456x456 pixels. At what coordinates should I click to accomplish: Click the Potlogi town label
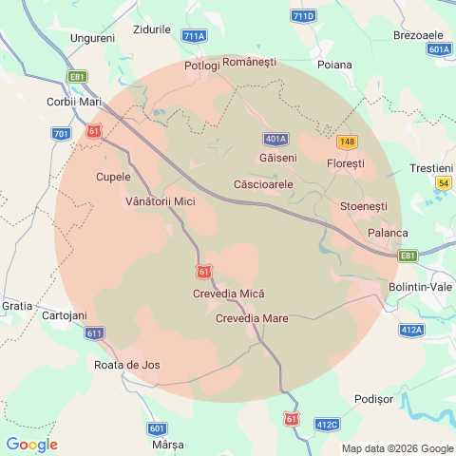click(x=201, y=66)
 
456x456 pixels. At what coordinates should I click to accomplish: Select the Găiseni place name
click(x=277, y=157)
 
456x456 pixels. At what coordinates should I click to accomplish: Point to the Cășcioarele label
click(x=263, y=182)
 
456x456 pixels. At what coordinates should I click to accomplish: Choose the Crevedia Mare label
click(x=252, y=318)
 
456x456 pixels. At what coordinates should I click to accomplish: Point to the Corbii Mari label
click(x=74, y=102)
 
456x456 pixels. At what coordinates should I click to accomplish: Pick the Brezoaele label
click(x=418, y=35)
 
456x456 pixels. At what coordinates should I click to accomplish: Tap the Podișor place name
click(x=372, y=399)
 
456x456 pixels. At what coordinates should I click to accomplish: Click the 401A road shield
click(x=276, y=138)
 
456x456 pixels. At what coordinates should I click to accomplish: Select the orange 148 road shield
click(x=347, y=142)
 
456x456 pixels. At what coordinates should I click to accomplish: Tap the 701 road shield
click(x=62, y=134)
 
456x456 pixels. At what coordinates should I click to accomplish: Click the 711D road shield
click(x=303, y=17)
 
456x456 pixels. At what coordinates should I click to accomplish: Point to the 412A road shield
click(x=411, y=330)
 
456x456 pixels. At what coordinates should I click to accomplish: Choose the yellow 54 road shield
click(x=443, y=182)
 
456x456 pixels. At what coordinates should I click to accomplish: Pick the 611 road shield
click(x=94, y=333)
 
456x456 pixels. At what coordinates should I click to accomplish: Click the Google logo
click(x=31, y=445)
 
